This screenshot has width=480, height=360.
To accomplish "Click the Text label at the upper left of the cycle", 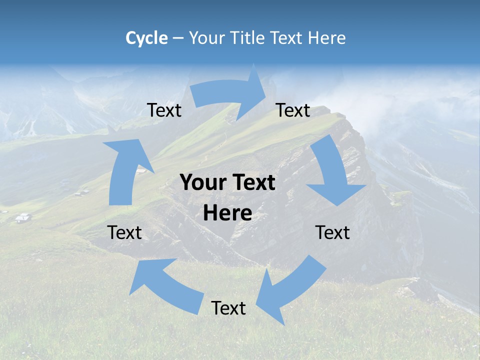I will pos(164,110).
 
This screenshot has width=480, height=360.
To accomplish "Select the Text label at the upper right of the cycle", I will pos(293,110).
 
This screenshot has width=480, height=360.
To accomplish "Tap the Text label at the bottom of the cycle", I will pos(228,308).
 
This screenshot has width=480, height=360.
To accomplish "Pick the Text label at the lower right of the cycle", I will pos(332,232).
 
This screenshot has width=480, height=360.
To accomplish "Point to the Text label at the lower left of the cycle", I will pos(125,232).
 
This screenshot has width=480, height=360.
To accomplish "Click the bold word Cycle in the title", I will pos(146,38).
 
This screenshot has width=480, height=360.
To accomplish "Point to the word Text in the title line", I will pos(288,38).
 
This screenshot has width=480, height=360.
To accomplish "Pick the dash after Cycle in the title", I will pos(177,38).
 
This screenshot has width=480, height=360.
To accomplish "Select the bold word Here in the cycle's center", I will pos(227,213).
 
